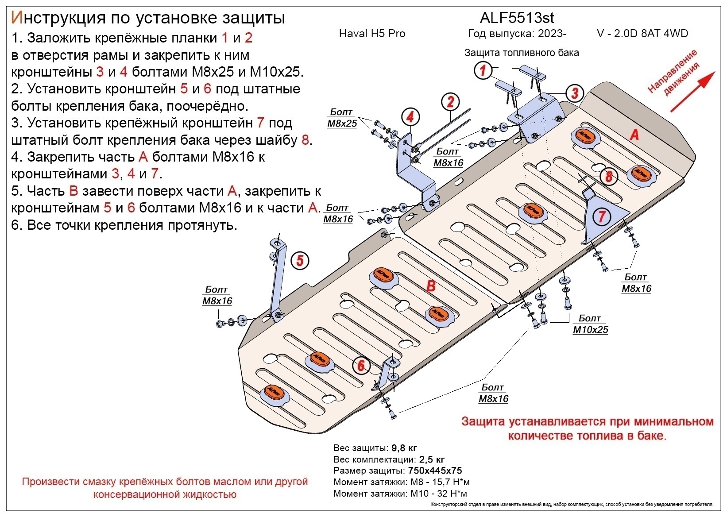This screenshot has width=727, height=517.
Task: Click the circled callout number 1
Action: coord(483,70)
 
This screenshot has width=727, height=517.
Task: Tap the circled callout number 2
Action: coord(450,102)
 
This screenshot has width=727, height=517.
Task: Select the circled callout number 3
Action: coord(574,93)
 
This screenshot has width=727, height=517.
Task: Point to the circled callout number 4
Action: coord(410,117)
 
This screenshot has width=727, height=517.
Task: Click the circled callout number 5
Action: coord(300,260)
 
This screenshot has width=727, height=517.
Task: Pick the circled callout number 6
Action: coord(361,365)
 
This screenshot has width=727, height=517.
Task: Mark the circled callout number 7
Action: coord(602,216)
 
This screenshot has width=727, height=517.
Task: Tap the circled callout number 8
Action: coord(609,176)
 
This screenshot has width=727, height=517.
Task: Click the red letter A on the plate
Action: coord(634,134)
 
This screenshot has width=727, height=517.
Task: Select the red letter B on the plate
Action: coord(431,286)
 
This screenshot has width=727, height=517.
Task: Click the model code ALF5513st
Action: coord(517,18)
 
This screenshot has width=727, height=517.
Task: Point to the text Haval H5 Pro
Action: coord(372,34)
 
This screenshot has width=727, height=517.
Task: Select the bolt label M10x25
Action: coord(590,330)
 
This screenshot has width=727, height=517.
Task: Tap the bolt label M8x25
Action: coord(342,123)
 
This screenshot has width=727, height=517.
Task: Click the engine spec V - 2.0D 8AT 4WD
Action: coord(642,34)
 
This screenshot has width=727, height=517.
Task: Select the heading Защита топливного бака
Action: coord(521,53)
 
